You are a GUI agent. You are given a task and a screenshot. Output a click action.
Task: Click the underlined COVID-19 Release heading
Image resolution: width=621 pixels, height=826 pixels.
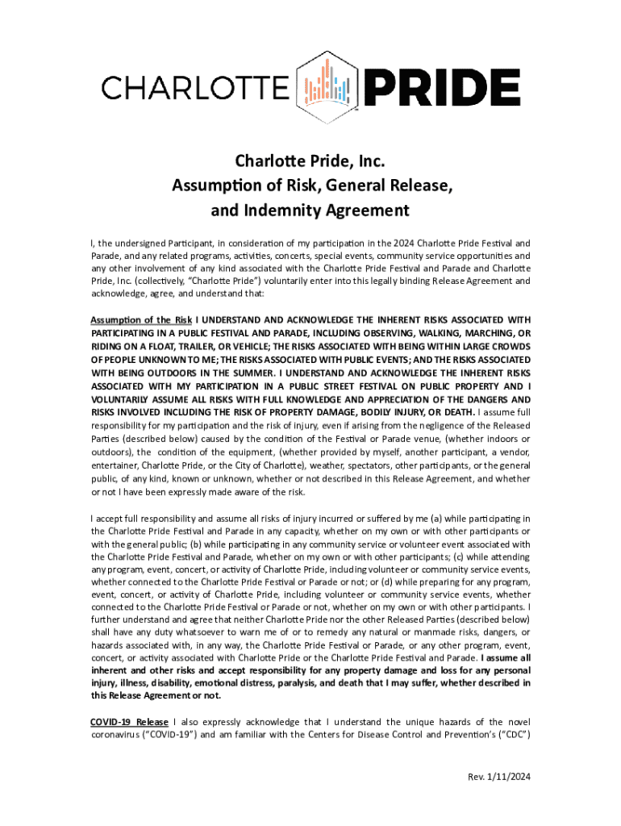[x=129, y=721]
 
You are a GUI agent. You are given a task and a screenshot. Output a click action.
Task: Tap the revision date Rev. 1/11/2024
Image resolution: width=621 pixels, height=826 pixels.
[x=500, y=778]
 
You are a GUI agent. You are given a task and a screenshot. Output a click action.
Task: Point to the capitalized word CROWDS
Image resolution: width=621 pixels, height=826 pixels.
[x=509, y=347]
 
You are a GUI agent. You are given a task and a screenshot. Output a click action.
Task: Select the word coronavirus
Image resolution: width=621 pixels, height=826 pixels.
[x=118, y=735]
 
